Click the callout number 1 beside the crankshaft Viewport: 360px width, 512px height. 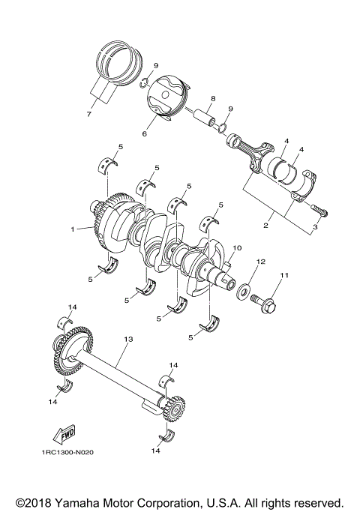[73, 229]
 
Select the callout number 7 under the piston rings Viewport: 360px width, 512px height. [88, 113]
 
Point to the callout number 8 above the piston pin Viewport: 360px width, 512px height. [213, 99]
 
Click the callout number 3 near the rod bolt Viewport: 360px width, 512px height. [316, 226]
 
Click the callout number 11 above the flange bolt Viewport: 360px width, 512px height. [283, 277]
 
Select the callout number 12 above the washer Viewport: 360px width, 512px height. [261, 262]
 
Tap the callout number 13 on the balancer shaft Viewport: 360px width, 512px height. [127, 340]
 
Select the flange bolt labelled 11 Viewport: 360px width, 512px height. [267, 305]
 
